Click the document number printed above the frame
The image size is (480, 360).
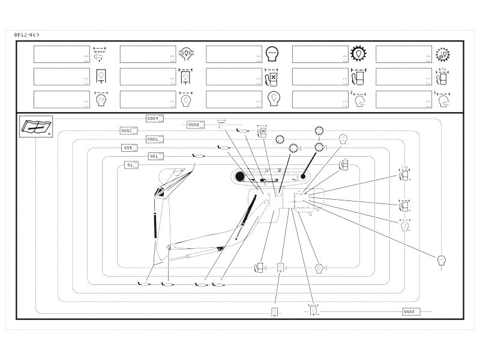pyautogui.click(x=26, y=36)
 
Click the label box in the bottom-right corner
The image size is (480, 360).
pyautogui.click(x=412, y=311)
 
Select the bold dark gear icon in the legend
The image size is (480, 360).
pyautogui.click(x=359, y=54)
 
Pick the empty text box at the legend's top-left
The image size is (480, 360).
pyautogui.click(x=62, y=54)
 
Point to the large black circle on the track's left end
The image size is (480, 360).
pyautogui.click(x=240, y=176)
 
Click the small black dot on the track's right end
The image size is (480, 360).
pyautogui.click(x=304, y=176)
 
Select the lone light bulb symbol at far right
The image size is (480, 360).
pyautogui.click(x=442, y=260)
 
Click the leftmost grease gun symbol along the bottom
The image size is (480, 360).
pyautogui.click(x=145, y=284)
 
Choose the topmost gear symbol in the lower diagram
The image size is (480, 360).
pyautogui.click(x=319, y=131)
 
